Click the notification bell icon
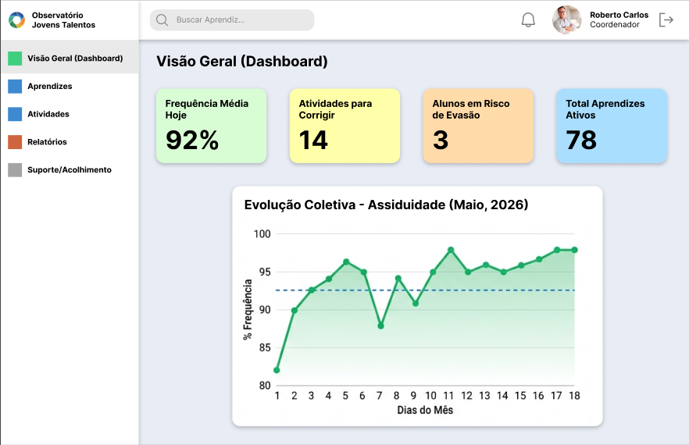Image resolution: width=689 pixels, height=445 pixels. [528, 20]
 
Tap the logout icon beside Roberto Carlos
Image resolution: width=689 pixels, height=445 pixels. [666, 20]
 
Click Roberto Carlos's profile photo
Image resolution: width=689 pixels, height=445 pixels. [567, 20]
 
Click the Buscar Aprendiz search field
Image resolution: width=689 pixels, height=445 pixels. [232, 20]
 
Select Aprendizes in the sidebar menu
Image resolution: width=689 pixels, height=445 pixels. [50, 86]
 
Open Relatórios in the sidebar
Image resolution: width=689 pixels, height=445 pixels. [47, 142]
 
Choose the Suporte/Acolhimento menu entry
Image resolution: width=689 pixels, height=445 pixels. [70, 169]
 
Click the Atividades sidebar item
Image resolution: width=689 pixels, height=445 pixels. [48, 114]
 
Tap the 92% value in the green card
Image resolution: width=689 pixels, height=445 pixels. [192, 140]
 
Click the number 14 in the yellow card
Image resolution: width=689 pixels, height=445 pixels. [313, 140]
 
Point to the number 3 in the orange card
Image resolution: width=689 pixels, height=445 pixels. [441, 140]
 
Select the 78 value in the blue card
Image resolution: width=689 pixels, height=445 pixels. [581, 140]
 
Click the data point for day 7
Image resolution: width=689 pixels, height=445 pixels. [380, 326]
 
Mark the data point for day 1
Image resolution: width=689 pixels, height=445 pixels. [277, 370]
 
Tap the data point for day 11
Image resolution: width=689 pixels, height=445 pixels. [451, 250]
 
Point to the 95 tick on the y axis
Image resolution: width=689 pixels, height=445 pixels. [265, 272]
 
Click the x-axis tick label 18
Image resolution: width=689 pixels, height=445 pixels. [574, 396]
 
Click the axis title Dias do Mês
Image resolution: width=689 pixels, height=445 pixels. [425, 410]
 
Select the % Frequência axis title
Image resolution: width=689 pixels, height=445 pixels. [248, 309]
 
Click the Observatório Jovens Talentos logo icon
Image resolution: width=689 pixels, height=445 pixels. [16, 20]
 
